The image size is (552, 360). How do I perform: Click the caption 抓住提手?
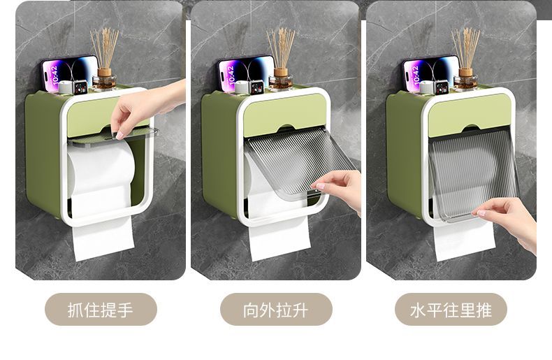101,310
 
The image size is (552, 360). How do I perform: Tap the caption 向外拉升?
275,310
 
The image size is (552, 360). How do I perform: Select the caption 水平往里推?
451,310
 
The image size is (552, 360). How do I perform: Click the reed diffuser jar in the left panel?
104,80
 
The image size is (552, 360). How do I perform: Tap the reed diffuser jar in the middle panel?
281,80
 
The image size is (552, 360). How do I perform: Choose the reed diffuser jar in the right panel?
465,80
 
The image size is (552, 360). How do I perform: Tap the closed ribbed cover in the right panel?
474,174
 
